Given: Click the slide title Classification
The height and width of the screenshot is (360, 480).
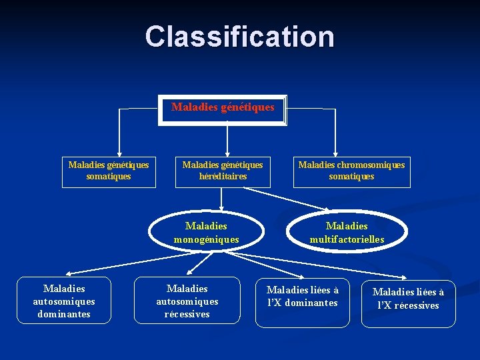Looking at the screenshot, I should point(240,36).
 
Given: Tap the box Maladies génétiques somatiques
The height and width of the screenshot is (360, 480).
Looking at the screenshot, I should point(109,171).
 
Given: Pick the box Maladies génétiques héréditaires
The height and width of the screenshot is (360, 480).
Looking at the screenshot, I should point(223,171).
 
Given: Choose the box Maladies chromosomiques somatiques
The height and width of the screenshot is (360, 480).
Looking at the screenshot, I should point(351,171).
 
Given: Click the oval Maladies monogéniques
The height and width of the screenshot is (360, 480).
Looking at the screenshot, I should point(206,233).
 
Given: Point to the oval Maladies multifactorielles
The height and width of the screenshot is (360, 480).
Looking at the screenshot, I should point(347,233).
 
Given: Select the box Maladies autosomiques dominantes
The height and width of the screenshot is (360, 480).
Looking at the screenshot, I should point(63,301).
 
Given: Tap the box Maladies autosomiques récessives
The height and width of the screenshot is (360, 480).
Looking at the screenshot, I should point(187,301).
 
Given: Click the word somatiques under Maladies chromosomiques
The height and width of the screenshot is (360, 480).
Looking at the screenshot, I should point(351,177).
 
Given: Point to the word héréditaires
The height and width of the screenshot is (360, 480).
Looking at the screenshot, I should point(223,177).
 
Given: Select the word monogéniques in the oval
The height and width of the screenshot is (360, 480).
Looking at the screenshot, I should point(206,239).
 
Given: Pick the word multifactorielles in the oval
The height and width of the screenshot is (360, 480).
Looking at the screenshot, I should point(347,239).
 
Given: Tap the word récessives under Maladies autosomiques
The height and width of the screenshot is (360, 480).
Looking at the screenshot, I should point(187,314).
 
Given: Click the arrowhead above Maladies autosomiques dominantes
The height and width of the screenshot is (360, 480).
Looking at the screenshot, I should point(69,273).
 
